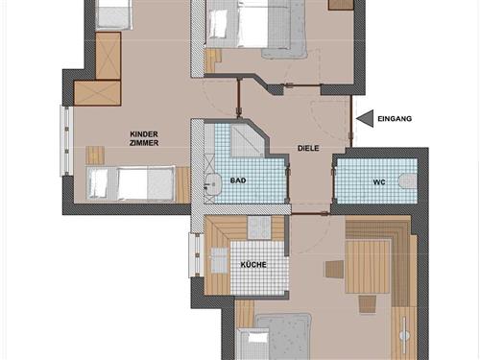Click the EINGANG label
tap(396, 118)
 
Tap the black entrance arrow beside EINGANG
tap(364, 118)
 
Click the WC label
tap(379, 181)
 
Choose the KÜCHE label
tap(253, 264)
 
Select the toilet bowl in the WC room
tap(407, 180)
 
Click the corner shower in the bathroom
tap(230, 141)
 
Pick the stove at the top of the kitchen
tap(259, 228)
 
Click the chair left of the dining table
tap(334, 270)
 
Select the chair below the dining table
tap(368, 304)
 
